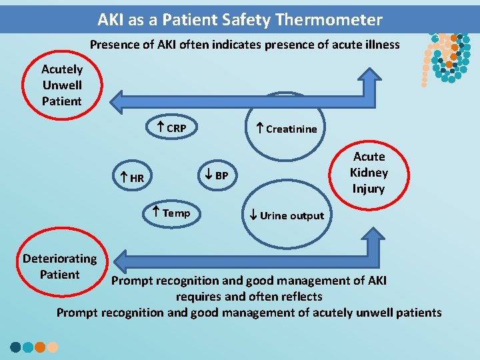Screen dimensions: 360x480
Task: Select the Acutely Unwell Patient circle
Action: [61, 85]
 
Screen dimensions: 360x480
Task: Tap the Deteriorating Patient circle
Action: [59, 267]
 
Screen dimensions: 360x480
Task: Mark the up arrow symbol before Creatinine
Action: [260, 128]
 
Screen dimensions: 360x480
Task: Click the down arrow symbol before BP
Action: [208, 175]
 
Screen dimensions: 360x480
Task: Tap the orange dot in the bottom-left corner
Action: [40, 347]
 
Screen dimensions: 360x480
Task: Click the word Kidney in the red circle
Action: [369, 173]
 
